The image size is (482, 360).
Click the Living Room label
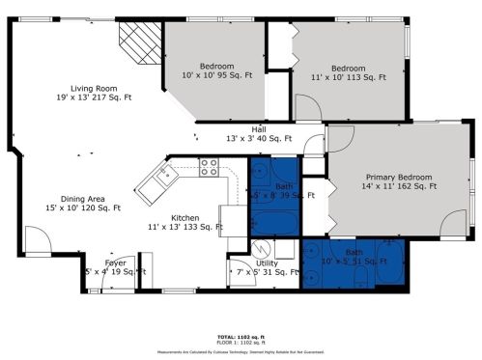(94, 92)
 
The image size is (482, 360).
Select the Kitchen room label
(184, 222)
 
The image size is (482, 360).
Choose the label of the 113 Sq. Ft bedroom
(350, 71)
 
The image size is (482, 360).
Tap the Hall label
(259, 133)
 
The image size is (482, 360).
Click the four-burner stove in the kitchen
(209, 167)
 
